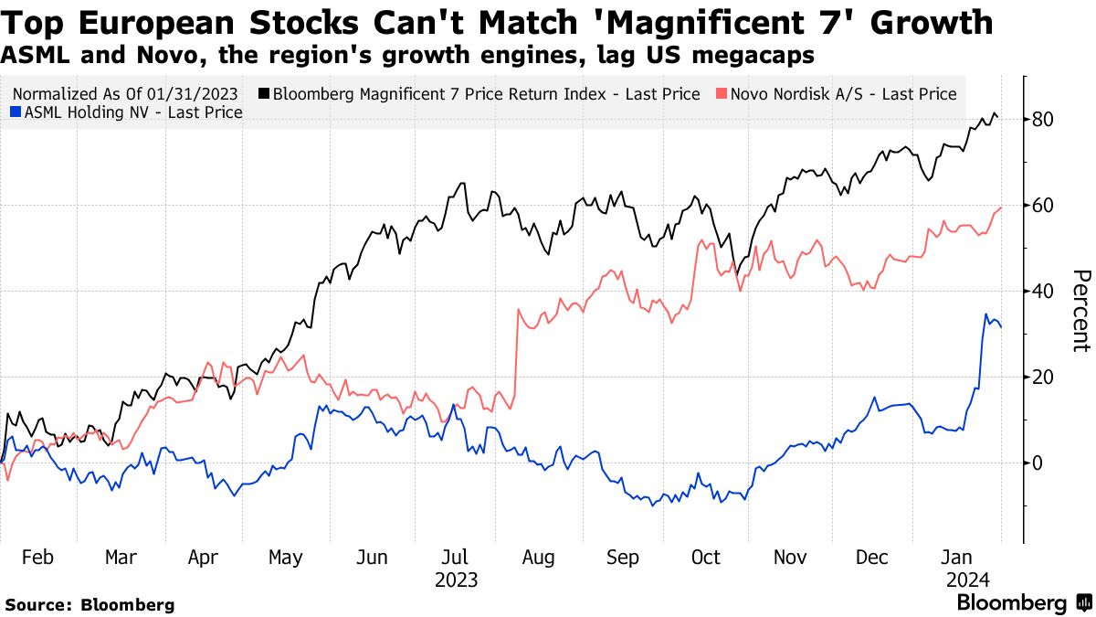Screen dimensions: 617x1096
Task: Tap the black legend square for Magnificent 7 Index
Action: (264, 94)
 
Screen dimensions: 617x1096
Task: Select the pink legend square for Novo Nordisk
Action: (722, 94)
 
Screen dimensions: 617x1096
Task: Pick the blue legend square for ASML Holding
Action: (14, 112)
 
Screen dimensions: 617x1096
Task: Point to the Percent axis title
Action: (1080, 311)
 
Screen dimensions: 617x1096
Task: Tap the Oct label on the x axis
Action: (706, 558)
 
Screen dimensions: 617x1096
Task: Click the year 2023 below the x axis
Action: (456, 580)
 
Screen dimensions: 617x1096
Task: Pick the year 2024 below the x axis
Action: (965, 580)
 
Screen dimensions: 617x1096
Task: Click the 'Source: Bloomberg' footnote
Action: (90, 604)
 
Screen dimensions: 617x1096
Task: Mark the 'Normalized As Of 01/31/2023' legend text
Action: (126, 94)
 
